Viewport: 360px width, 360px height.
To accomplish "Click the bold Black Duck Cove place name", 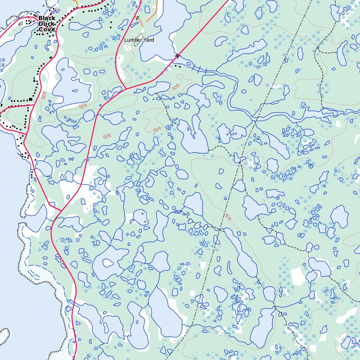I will [46, 24].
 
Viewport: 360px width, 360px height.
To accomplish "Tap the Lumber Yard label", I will [139, 40].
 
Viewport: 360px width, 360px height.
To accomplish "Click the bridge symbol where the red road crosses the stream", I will [177, 56].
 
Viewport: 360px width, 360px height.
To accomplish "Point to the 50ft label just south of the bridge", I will [175, 88].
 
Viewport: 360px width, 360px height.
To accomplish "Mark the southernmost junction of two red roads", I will [59, 210].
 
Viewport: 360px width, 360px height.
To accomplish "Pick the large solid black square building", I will [30, 99].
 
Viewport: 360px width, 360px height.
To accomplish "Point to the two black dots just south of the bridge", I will [178, 66].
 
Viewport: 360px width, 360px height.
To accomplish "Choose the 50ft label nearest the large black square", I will [44, 95].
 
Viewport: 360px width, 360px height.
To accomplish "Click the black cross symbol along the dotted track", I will [45, 5].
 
